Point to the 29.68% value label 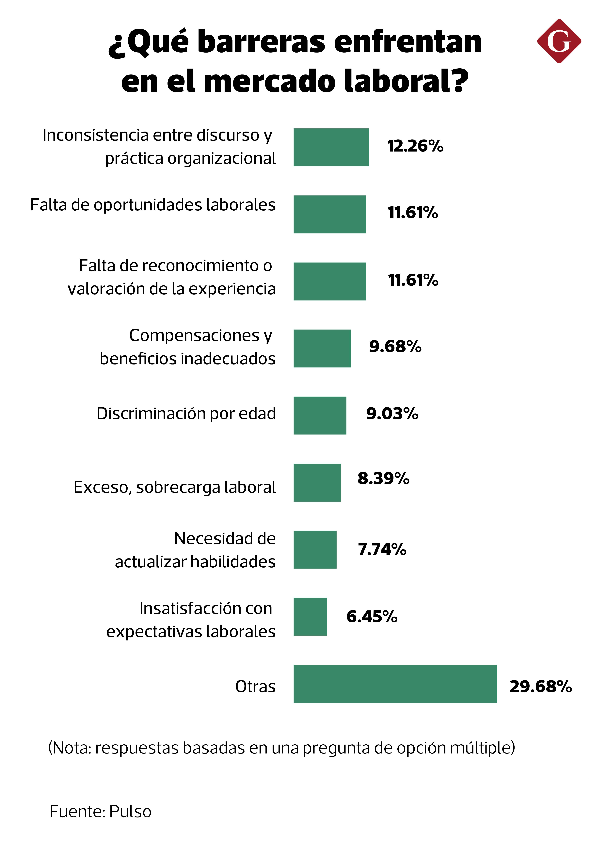coord(540,687)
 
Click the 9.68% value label coord(395,346)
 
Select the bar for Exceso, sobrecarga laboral coord(317,482)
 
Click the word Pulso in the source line coord(131,812)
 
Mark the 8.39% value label coord(383,478)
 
